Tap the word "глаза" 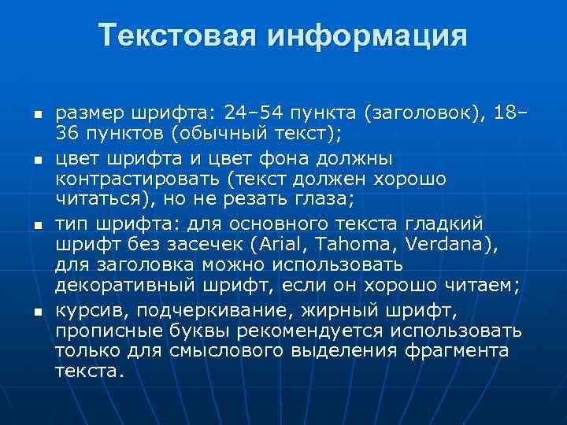(324, 196)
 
